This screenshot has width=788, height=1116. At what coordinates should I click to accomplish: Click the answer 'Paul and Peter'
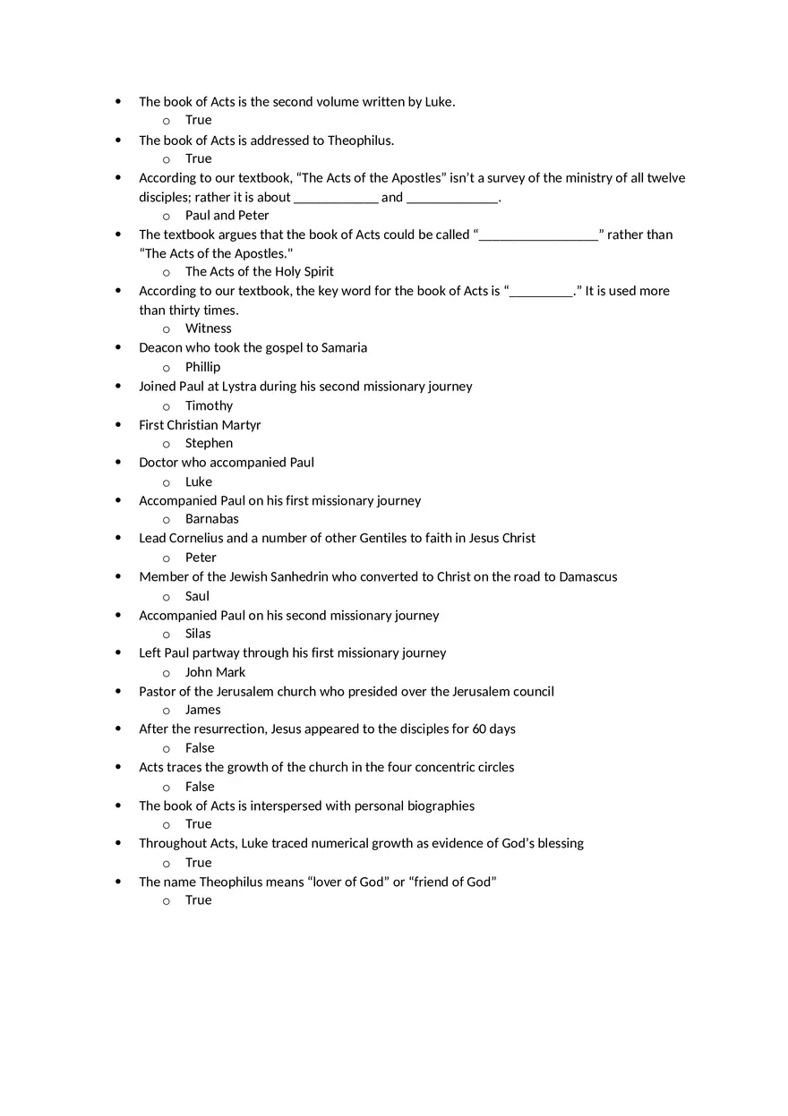click(227, 216)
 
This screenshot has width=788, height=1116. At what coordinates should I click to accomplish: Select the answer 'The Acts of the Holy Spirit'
click(259, 272)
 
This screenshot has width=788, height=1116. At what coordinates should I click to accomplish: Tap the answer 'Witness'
click(208, 328)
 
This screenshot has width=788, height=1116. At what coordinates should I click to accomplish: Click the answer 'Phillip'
click(202, 367)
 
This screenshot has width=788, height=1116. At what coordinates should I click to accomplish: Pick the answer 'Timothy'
click(209, 405)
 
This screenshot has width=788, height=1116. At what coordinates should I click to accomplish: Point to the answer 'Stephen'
click(209, 443)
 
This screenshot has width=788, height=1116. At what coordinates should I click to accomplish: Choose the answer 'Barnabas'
click(211, 519)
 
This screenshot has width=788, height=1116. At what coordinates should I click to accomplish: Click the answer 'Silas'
click(198, 634)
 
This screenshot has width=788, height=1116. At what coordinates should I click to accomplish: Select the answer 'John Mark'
click(215, 672)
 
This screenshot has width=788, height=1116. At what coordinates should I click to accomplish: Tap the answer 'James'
click(202, 710)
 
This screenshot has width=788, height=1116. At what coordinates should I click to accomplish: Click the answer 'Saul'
click(197, 596)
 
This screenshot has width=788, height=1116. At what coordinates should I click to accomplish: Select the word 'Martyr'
click(240, 425)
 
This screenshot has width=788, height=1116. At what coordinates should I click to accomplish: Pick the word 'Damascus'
click(587, 577)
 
